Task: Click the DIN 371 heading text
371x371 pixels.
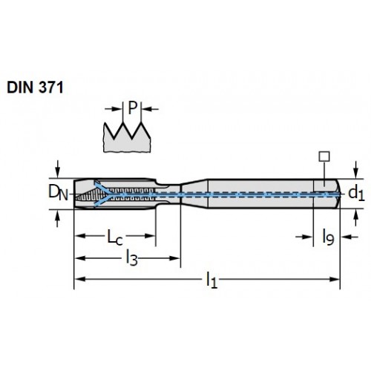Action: pos(35,88)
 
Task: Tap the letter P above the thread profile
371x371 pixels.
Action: pos(132,108)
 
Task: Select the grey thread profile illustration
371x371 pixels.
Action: pos(127,137)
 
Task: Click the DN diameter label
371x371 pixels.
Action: pos(58,193)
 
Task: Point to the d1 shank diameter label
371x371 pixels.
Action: pos(356,194)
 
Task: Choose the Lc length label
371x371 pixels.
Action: pos(115,237)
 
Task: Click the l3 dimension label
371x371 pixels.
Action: pos(132,257)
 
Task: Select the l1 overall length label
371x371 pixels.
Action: pos(212,280)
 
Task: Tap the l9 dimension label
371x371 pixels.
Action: pos(329,237)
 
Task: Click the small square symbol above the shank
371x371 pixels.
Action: pos(324,157)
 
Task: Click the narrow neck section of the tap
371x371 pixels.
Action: pos(168,194)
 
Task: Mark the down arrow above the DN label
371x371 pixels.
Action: pos(58,169)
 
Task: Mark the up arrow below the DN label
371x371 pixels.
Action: pos(58,219)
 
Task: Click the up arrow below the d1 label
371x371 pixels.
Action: pos(356,217)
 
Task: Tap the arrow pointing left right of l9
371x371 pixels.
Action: pos(349,237)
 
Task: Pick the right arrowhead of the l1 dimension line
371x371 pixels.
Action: pos(335,279)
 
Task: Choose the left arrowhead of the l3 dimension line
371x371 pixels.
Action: pos(80,258)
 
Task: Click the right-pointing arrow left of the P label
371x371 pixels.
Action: pos(114,108)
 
